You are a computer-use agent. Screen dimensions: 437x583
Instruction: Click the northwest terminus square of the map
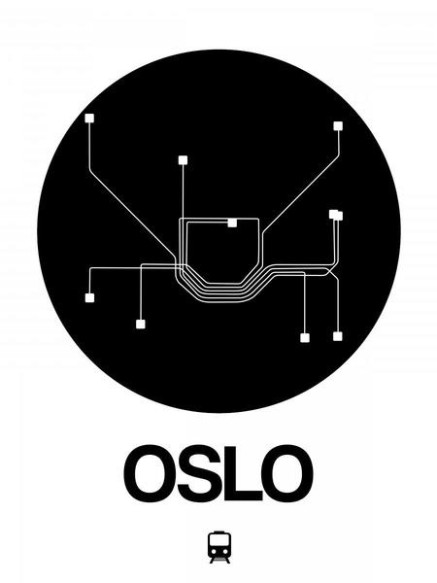89,119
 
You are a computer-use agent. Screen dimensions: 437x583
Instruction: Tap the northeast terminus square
338,126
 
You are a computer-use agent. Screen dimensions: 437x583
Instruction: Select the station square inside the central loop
232,223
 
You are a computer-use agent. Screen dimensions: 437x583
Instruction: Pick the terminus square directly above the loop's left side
183,160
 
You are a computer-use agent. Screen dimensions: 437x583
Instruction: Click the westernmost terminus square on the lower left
89,298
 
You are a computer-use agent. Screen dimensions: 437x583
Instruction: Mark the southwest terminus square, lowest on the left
141,325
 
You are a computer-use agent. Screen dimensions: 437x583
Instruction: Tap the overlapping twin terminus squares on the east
336,215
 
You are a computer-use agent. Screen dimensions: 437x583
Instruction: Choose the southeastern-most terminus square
337,336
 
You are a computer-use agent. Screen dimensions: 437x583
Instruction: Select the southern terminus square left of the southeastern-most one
305,338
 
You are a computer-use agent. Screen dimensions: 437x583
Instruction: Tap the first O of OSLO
150,473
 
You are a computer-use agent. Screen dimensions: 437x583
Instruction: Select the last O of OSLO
287,473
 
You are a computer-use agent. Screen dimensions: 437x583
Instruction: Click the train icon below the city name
219,547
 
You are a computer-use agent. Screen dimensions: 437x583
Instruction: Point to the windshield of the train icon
219,540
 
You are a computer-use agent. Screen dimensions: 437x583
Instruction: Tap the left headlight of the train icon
214,550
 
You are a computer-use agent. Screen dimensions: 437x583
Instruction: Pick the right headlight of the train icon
225,550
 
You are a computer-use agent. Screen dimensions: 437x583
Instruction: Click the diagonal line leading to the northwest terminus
132,214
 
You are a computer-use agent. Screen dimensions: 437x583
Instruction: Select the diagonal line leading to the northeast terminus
301,195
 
